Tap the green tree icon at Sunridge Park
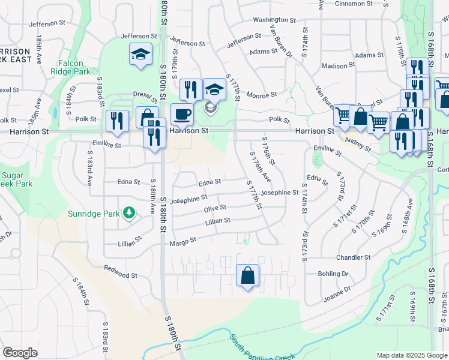tap(128, 213)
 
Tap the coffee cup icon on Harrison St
tap(182, 113)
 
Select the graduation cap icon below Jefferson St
tap(140, 54)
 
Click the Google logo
tap(20, 353)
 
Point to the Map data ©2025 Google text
tap(411, 355)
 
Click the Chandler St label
tap(352, 257)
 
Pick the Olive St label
tap(214, 208)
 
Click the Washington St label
tap(274, 20)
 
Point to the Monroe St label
tap(261, 95)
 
